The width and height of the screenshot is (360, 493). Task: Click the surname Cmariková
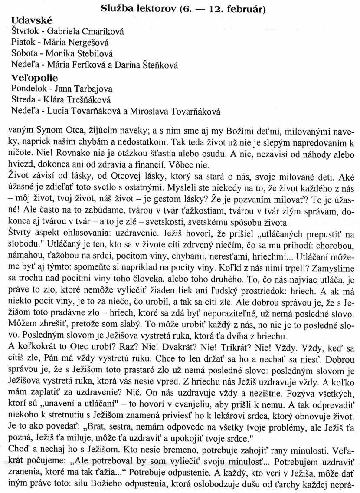pos(97,31)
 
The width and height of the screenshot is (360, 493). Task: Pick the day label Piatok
pos(20,43)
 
